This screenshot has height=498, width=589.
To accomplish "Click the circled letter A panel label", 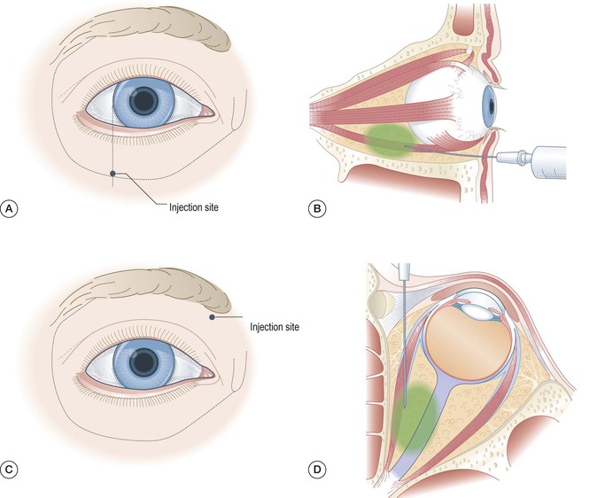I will coord(11,210).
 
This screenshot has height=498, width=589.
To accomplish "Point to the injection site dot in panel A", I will coord(112,173).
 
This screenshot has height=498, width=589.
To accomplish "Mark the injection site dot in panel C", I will coord(211,316).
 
